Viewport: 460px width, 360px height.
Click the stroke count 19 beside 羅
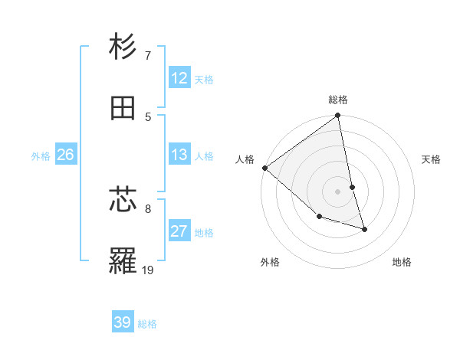(x=147, y=270)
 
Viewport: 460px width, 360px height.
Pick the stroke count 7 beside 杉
(x=147, y=55)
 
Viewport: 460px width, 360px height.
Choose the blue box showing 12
(x=179, y=78)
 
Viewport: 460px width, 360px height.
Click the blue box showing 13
(x=179, y=155)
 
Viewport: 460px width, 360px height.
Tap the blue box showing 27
(x=179, y=231)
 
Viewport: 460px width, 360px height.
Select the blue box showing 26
(x=65, y=155)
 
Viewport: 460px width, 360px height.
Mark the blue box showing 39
(x=123, y=322)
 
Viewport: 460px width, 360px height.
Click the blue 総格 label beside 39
(x=147, y=324)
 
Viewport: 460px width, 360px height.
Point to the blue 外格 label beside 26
(x=41, y=156)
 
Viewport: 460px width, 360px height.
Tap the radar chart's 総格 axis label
(x=338, y=100)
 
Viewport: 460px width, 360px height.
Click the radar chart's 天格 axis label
(x=432, y=159)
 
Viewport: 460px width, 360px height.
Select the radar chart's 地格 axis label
(x=402, y=262)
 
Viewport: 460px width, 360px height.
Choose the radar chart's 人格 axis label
(x=245, y=159)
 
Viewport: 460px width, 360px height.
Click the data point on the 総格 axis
(x=338, y=116)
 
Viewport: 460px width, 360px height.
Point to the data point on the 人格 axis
(x=264, y=168)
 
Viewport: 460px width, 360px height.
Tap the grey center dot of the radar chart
(x=338, y=191)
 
